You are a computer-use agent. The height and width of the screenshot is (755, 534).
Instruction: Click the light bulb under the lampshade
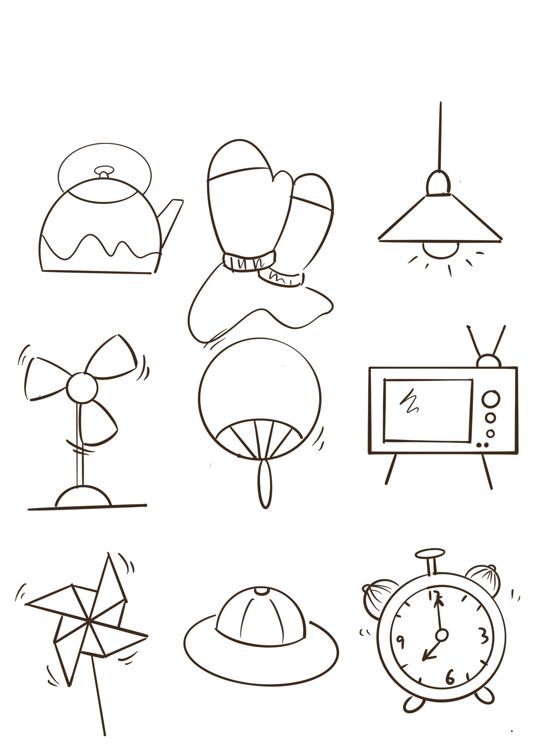click(x=441, y=249)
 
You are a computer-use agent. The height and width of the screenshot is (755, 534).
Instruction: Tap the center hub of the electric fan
click(x=82, y=387)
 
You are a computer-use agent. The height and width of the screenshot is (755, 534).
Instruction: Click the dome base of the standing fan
click(x=83, y=497)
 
